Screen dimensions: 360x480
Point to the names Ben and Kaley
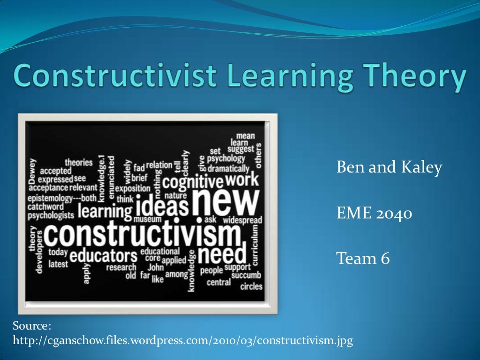389,168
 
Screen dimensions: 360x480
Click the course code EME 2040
375,214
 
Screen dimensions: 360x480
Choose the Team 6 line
363,258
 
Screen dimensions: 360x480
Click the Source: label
31,326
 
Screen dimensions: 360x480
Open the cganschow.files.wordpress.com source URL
183,340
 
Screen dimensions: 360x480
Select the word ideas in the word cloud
162,207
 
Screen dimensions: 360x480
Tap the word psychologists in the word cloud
51,216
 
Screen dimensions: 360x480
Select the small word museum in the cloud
148,219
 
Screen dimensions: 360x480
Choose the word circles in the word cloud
251,286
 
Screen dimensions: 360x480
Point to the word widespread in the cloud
242,219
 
